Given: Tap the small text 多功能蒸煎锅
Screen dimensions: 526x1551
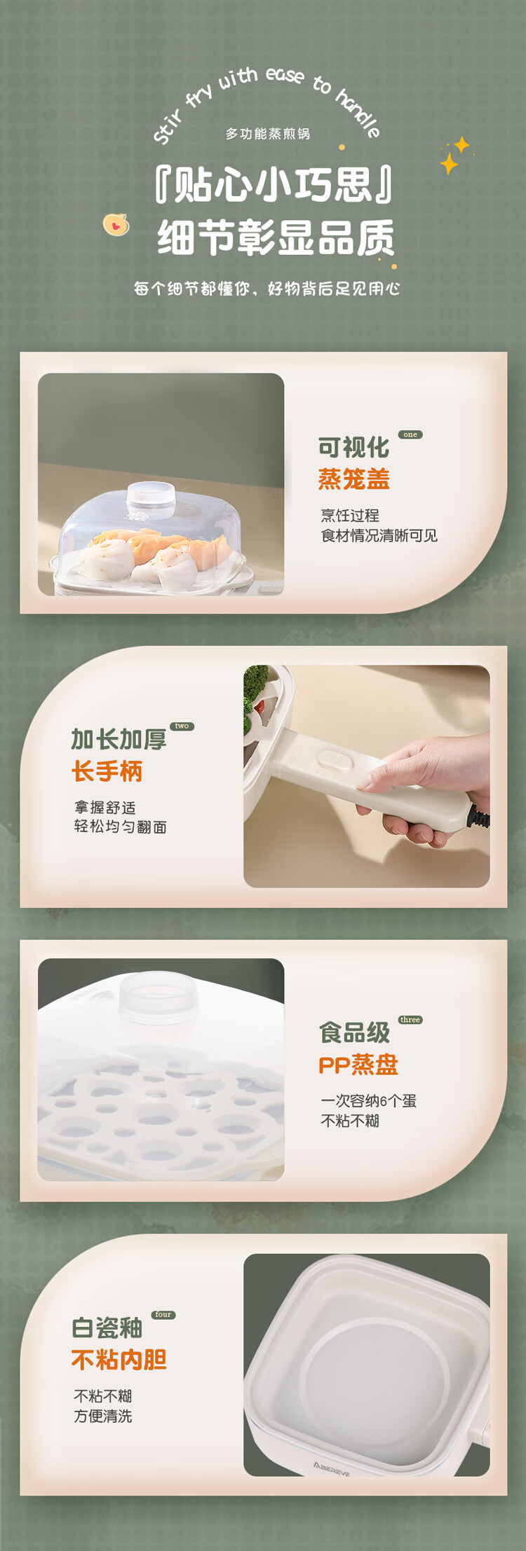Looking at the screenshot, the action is pyautogui.click(x=267, y=133).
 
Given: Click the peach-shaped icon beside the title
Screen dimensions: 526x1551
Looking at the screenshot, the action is pyautogui.click(x=116, y=224).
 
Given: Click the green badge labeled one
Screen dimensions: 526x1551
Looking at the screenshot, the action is pyautogui.click(x=410, y=434).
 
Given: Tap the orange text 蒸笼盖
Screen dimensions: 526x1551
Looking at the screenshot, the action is pyautogui.click(x=353, y=479).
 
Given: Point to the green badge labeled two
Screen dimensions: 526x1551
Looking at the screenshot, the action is pyautogui.click(x=182, y=726).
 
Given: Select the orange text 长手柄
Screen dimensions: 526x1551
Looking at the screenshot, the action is pyautogui.click(x=107, y=771).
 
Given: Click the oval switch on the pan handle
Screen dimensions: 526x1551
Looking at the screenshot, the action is pyautogui.click(x=335, y=760).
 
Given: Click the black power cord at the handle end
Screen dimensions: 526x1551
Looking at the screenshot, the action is pyautogui.click(x=481, y=818).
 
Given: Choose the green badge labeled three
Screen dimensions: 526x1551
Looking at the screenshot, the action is pyautogui.click(x=410, y=1019).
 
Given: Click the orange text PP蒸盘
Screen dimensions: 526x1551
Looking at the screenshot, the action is pyautogui.click(x=358, y=1065).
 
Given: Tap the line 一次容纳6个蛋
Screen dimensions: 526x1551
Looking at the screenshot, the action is pyautogui.click(x=369, y=1101).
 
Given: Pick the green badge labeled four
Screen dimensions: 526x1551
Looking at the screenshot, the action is pyautogui.click(x=163, y=1314).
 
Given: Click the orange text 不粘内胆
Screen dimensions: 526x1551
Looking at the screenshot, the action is pyautogui.click(x=119, y=1360).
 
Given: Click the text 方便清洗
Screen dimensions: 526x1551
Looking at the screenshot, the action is pyautogui.click(x=103, y=1416).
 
